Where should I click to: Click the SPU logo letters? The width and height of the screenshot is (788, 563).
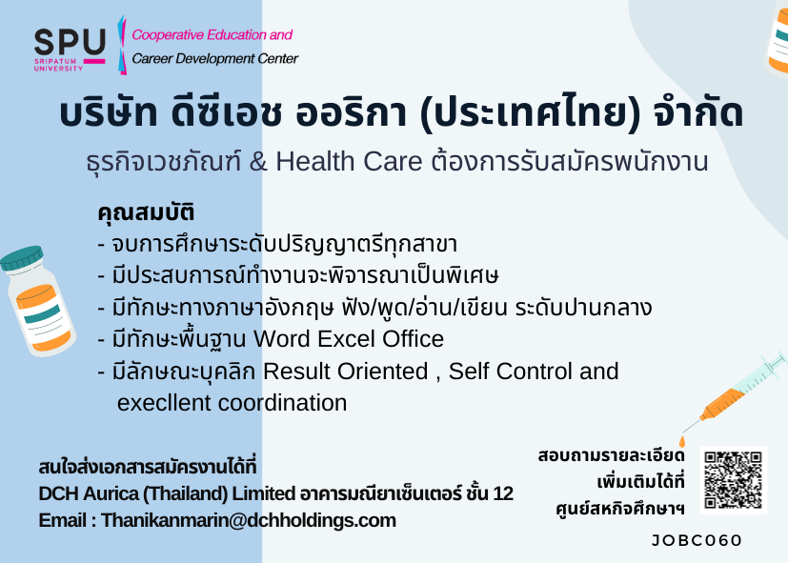tap(70, 41)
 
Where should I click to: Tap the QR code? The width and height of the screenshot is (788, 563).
tap(734, 479)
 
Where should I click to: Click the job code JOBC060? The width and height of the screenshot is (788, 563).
tap(697, 540)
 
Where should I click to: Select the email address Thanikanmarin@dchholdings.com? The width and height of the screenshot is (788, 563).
tap(249, 520)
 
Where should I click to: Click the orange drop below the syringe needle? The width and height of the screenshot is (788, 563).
tap(682, 441)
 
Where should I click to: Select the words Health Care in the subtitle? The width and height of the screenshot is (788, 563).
tap(349, 162)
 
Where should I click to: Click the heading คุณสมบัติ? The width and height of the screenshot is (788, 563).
tap(146, 211)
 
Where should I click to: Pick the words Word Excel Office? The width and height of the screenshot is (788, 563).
tap(349, 339)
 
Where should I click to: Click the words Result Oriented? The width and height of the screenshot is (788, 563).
tap(346, 372)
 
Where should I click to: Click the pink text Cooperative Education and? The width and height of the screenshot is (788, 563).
tap(212, 35)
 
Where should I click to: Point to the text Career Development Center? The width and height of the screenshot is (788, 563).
tap(215, 59)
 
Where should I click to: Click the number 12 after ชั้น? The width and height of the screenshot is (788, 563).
tap(503, 493)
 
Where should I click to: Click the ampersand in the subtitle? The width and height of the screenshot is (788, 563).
tap(258, 162)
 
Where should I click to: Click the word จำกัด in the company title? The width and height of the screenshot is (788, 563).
tap(698, 113)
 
